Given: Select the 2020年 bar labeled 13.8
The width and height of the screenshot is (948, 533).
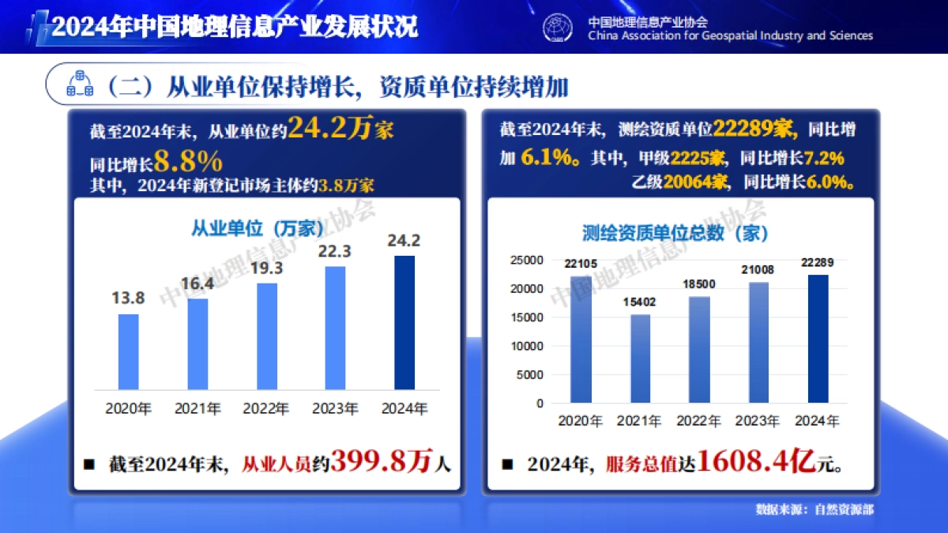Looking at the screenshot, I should [x=128, y=351].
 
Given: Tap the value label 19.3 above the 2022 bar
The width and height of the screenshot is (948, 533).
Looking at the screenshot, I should [x=267, y=268].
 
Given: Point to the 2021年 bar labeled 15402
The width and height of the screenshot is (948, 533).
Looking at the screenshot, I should [x=640, y=358].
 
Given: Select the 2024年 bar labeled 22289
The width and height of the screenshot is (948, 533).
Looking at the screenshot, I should [x=818, y=339].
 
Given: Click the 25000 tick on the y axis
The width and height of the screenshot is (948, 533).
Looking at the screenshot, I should [x=527, y=261].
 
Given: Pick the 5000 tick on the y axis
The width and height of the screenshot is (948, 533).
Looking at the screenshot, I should [x=530, y=374].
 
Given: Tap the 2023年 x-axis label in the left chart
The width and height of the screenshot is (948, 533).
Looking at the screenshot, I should [x=335, y=409].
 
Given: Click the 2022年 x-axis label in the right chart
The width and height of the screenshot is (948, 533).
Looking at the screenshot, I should [x=699, y=421].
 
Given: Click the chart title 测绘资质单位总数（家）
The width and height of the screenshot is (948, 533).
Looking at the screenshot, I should [x=675, y=233].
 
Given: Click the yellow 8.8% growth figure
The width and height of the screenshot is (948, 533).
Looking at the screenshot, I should [x=188, y=162].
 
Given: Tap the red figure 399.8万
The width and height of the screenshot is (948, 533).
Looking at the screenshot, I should [x=382, y=462].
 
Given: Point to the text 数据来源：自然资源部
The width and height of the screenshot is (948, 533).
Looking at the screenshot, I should [x=814, y=509].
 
